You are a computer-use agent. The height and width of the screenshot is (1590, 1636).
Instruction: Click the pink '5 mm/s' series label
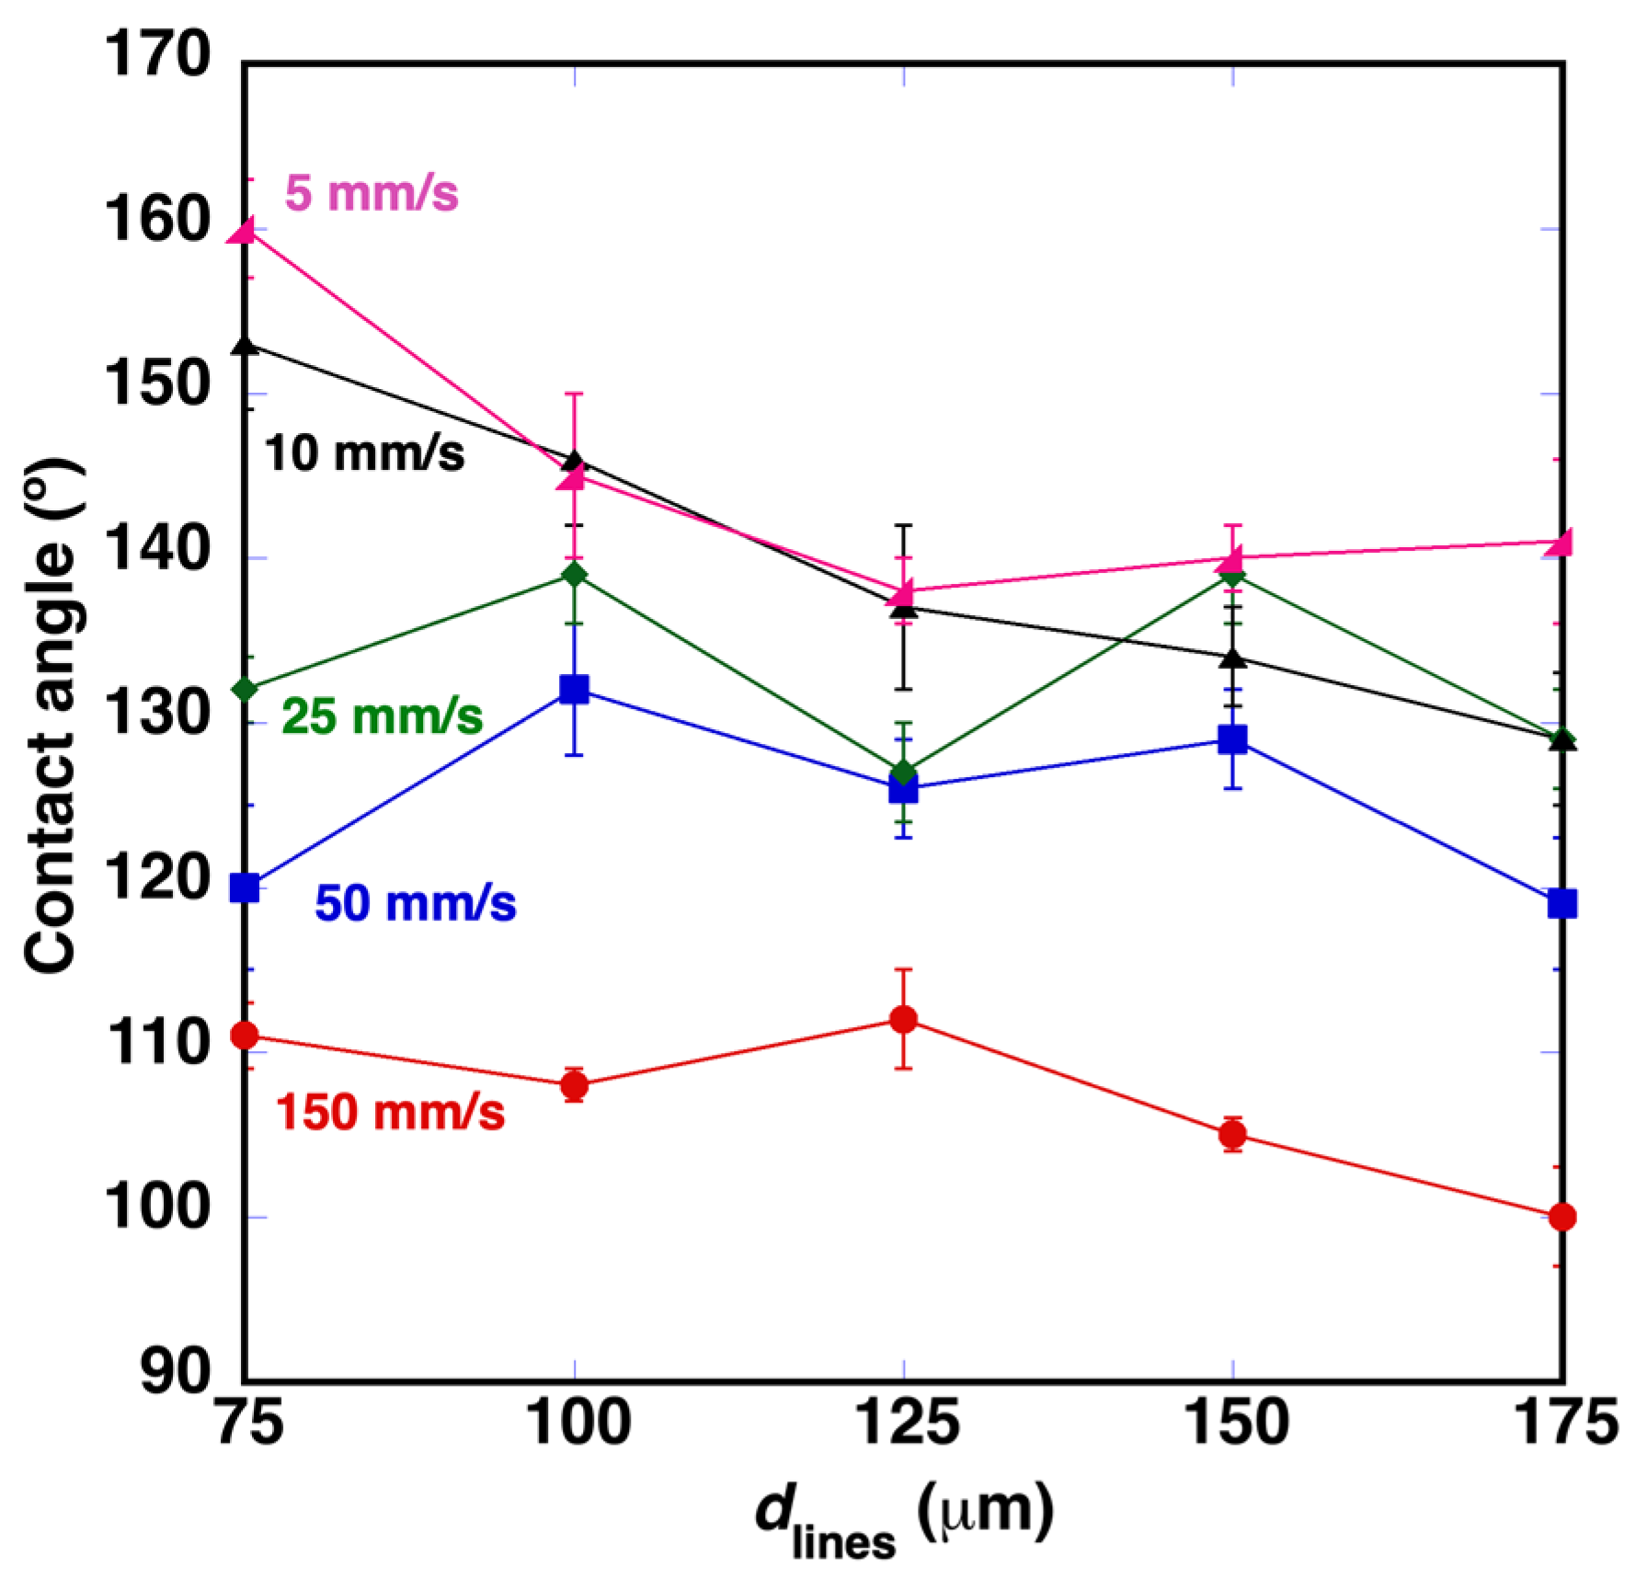pos(371,194)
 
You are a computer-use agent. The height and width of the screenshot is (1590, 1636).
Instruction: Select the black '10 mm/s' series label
pos(364,454)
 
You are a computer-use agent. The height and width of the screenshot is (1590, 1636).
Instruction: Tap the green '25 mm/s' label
pos(382,716)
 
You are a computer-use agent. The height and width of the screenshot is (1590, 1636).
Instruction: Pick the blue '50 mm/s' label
pos(416,903)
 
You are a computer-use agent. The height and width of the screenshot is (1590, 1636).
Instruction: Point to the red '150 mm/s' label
pos(391,1113)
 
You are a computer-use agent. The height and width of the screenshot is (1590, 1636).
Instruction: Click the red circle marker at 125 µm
pos(904,1019)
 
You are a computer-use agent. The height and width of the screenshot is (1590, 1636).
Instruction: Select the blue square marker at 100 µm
pos(575,689)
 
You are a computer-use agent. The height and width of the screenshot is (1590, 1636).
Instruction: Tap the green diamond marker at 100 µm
pos(575,575)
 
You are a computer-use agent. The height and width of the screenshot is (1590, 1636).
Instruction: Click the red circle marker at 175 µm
pos(1562,1217)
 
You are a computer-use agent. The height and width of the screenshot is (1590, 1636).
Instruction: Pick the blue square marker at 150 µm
pos(1233,739)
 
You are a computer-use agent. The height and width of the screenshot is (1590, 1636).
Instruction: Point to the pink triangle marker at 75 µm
pos(244,231)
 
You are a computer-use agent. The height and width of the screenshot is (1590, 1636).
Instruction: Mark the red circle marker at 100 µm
pos(575,1086)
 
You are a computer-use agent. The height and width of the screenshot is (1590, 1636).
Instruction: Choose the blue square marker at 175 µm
pos(1562,904)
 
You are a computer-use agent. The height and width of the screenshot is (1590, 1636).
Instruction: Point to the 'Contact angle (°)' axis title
pos(51,716)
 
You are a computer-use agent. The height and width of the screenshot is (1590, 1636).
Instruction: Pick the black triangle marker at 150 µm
pos(1233,658)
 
